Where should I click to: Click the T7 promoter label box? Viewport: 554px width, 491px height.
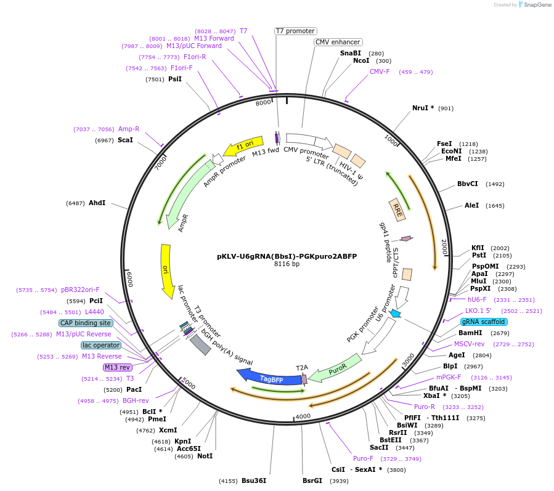[295, 31]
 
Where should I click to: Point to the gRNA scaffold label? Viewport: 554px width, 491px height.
[484, 322]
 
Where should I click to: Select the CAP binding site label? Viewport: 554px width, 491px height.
[86, 323]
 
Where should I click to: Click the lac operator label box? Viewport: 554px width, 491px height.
[101, 345]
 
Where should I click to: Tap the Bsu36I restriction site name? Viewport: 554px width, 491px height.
[253, 481]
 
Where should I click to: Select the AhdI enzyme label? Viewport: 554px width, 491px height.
[97, 203]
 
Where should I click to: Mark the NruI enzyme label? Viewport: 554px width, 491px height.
[423, 108]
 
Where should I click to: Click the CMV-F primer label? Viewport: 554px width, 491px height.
[380, 71]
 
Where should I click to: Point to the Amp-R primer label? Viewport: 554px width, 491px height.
[129, 129]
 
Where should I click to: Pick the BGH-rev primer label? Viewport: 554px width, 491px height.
[135, 400]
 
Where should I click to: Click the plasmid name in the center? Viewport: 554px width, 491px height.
[287, 256]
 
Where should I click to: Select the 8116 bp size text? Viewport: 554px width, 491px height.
[287, 264]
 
